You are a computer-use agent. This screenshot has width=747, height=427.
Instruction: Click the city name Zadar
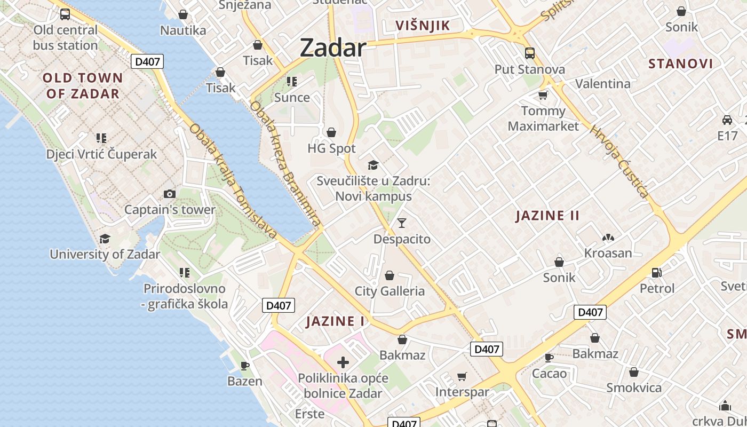333,48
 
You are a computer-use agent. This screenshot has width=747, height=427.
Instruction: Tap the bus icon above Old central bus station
65,14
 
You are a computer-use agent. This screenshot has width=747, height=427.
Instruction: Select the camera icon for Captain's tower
170,194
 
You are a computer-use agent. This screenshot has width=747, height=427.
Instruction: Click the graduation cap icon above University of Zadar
105,239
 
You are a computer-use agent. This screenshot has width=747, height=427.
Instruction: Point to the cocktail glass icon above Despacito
402,223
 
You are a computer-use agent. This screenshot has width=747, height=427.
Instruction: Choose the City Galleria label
390,291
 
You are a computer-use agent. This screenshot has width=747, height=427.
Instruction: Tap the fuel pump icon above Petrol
657,272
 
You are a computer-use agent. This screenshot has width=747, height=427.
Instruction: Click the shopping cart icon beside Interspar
462,376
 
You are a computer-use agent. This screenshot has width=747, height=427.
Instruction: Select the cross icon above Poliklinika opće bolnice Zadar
343,363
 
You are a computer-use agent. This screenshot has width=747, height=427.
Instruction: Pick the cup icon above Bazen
245,366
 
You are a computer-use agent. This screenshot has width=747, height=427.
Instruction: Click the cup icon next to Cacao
549,357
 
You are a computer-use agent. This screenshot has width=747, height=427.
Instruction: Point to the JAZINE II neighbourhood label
547,216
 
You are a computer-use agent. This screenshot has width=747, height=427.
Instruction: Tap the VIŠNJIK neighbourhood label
423,26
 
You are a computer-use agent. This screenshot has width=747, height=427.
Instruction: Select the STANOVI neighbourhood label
680,64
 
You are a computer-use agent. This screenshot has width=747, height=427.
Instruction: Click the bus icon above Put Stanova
530,53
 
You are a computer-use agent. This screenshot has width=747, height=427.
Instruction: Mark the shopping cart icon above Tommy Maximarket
543,95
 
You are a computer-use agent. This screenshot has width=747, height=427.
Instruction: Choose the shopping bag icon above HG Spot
331,132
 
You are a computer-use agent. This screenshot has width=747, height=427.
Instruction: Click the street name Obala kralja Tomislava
233,181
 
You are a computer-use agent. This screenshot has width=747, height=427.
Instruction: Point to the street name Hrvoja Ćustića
619,161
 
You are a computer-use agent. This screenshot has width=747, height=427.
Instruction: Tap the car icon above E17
727,120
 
